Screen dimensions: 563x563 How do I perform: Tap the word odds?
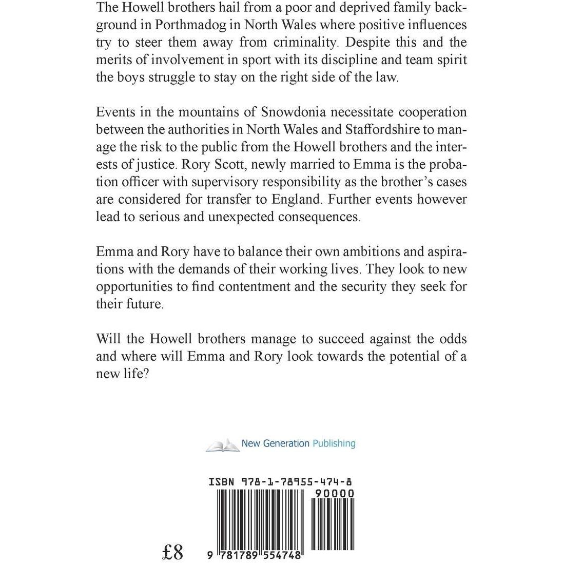[452, 339]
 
